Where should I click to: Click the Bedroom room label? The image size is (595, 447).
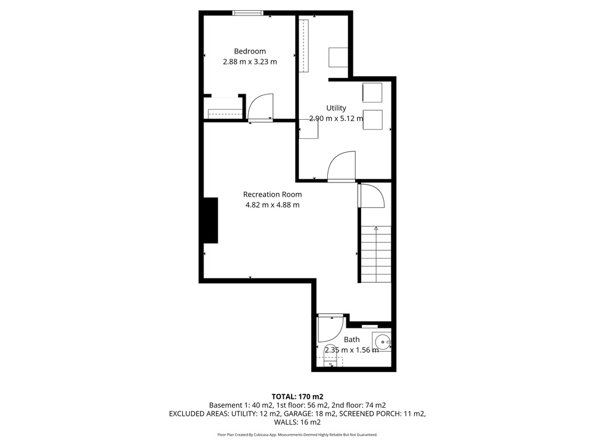pos(250,51)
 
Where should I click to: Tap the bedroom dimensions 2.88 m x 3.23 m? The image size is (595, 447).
pos(250,61)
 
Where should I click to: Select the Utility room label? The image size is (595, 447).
pos(336,108)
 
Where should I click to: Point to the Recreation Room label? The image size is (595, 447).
pos(273,194)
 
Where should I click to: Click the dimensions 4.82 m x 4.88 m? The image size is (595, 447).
pos(273,205)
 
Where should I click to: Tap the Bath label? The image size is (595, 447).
pos(352,340)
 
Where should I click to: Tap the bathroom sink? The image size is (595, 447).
pos(381,342)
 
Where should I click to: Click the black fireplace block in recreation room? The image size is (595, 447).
pos(211,220)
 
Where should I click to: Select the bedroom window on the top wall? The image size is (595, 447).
pos(248,13)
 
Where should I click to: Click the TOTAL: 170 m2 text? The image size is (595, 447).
pos(297,397)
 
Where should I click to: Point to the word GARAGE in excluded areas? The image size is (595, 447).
pos(297,414)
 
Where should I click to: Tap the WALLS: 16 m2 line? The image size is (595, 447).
pos(297,423)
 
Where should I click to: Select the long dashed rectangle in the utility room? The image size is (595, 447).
pos(303,46)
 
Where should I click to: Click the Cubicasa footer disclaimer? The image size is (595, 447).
pos(297,434)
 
